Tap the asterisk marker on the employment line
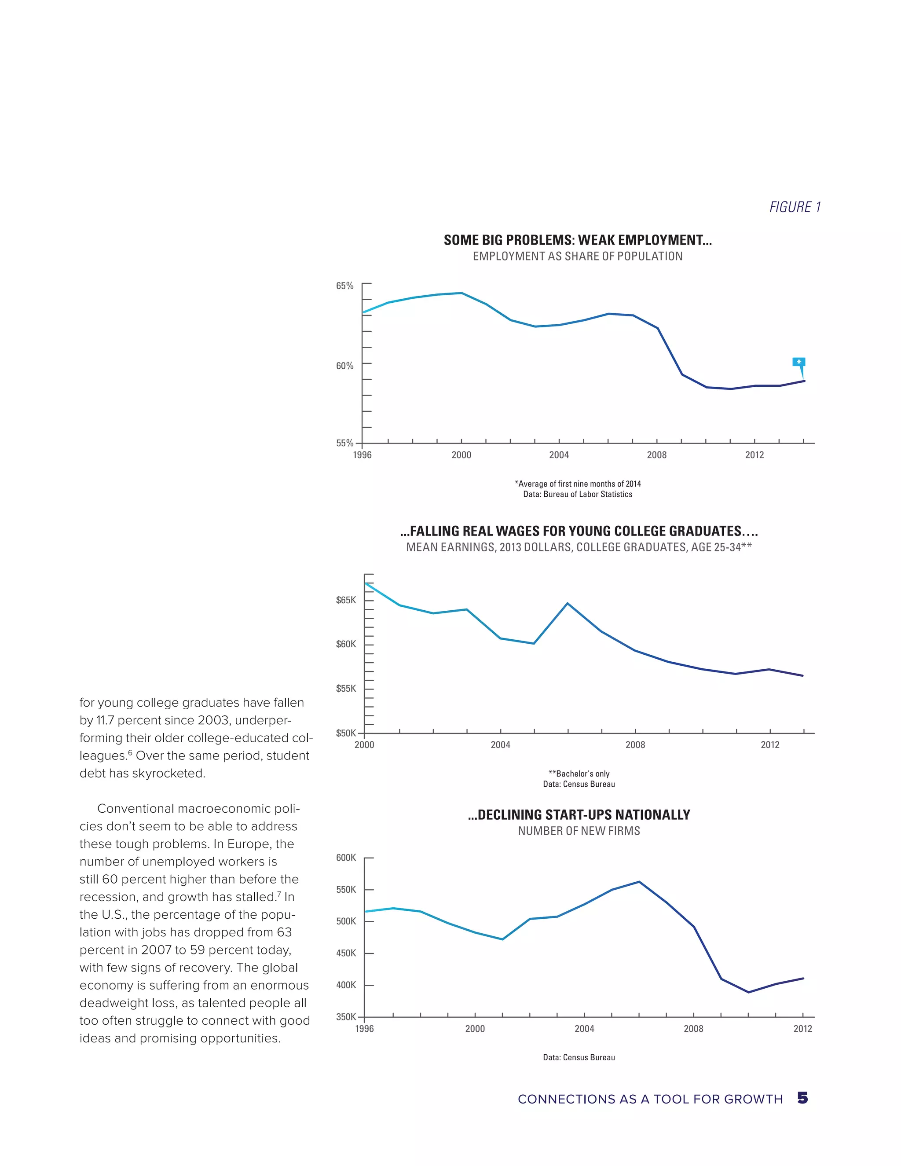[798, 363]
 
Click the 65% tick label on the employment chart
[344, 286]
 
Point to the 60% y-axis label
[344, 366]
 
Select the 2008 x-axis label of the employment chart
[656, 455]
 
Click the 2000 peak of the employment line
[461, 293]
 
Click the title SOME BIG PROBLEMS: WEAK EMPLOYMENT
[578, 240]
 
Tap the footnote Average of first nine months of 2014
[578, 484]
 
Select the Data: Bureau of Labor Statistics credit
[578, 495]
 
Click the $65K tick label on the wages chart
[345, 600]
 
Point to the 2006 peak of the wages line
[568, 603]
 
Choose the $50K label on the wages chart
[345, 733]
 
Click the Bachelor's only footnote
[579, 774]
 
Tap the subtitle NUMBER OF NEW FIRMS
[579, 831]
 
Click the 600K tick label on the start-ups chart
[345, 858]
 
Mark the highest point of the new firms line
[639, 882]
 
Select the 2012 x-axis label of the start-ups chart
[802, 1029]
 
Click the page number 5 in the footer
[802, 1098]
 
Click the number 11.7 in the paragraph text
[105, 720]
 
